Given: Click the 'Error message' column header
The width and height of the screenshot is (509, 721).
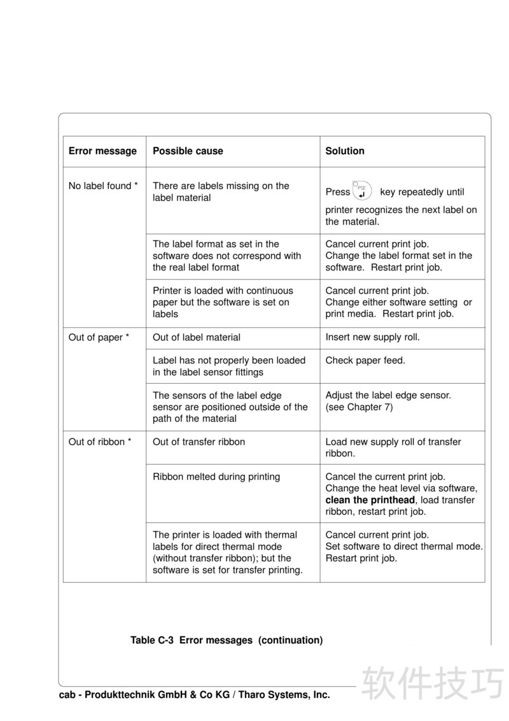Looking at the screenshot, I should coord(102,151).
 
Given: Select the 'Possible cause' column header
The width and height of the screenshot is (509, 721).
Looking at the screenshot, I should coord(188,151).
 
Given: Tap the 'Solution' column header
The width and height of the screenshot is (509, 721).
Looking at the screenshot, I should coord(345,151).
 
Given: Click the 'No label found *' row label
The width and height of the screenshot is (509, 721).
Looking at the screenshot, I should coord(103,186).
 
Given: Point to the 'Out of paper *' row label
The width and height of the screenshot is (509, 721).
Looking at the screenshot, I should coord(99,338).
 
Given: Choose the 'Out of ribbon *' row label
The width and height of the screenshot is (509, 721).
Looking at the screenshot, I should coord(100,442).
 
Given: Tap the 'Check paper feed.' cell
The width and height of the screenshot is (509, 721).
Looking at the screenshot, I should coord(365,361).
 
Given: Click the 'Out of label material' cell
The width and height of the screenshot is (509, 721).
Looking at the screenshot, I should coord(197,338).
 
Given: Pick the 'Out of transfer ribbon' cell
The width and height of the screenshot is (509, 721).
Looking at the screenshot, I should coord(199,442).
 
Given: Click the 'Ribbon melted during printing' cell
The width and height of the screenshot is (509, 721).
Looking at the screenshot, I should coord(216,477).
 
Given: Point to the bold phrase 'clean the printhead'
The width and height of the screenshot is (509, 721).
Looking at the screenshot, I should coord(370,500).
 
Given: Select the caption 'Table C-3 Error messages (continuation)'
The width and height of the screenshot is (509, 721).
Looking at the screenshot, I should coord(227,640).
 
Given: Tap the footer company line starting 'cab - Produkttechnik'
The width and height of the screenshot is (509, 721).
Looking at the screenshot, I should coord(195,695).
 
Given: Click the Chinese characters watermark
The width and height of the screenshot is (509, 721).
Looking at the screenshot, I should coord(433,683).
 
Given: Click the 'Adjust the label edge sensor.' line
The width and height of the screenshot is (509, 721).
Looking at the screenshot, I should coord(388,396).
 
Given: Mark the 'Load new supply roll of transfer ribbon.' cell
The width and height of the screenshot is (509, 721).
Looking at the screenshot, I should coord(393,448).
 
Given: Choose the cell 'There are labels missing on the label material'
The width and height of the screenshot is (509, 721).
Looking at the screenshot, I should coord(221,192).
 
